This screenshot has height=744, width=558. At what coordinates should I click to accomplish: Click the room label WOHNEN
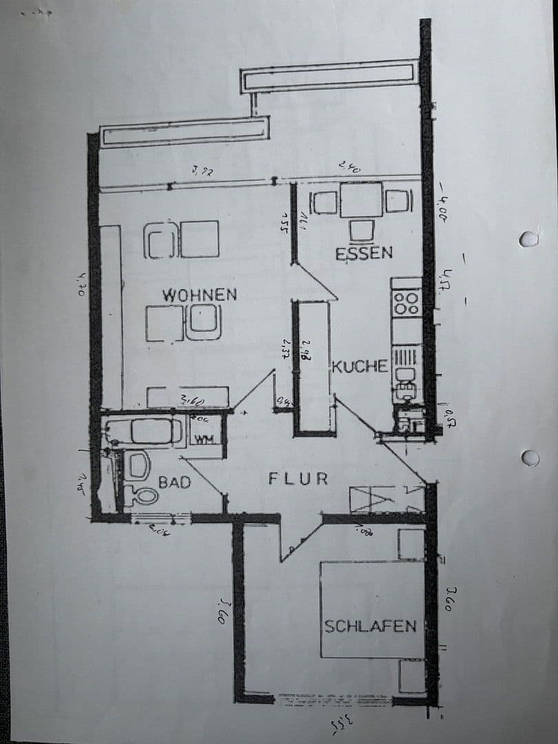[x=200, y=295]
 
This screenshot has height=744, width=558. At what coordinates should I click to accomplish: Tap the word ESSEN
[x=364, y=254]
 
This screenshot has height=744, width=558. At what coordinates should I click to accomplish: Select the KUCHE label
[x=360, y=366]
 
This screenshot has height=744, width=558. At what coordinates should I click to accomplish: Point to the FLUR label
[x=298, y=479]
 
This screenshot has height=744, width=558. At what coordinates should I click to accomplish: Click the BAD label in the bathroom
[x=174, y=482]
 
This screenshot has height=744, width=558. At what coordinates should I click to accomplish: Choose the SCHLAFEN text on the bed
[x=371, y=626]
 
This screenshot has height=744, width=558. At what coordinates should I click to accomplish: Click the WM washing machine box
[x=201, y=439]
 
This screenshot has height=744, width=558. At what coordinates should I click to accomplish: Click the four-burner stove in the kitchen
[x=406, y=304]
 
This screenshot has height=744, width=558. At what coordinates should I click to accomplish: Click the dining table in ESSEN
[x=360, y=200]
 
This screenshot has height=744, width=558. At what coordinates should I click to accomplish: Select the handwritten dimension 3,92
[x=203, y=169]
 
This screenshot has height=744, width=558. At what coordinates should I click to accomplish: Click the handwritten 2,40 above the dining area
[x=349, y=167]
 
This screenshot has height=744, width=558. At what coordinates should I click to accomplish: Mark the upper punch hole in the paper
[x=528, y=239]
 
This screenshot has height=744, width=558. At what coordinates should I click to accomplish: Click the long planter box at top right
[x=329, y=76]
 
